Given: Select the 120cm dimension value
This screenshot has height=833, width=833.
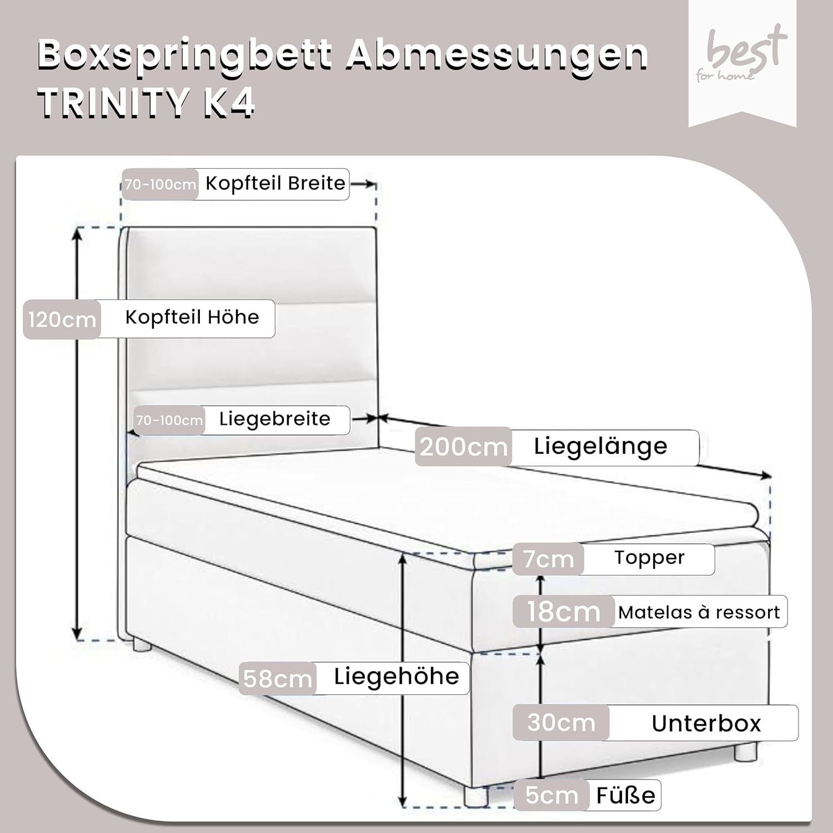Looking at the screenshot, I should (x=62, y=320).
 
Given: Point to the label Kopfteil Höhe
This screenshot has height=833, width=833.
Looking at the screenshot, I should (x=192, y=318).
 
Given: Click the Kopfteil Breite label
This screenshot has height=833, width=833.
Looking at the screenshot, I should (x=275, y=183).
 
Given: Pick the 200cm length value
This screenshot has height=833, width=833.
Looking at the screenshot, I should (x=464, y=446).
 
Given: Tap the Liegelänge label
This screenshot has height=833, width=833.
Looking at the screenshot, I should (x=600, y=446).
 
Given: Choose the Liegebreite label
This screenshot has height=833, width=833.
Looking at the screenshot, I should (x=275, y=419).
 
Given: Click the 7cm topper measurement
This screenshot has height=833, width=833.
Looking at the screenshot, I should (x=548, y=559).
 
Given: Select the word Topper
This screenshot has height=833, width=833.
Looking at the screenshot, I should (x=649, y=558).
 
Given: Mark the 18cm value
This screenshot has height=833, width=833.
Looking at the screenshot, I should (x=564, y=612).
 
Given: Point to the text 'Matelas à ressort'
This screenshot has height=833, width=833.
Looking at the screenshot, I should (x=699, y=612).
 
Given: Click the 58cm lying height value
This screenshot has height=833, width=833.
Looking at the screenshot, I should (x=278, y=679).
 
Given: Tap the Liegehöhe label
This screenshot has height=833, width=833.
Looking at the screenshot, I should (x=397, y=676).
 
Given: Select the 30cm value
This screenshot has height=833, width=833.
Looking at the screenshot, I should (x=561, y=723).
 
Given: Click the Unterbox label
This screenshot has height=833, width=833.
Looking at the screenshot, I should (x=706, y=724).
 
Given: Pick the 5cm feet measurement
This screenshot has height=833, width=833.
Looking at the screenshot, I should (x=551, y=795).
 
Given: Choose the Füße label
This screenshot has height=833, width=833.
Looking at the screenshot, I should (x=626, y=795).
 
